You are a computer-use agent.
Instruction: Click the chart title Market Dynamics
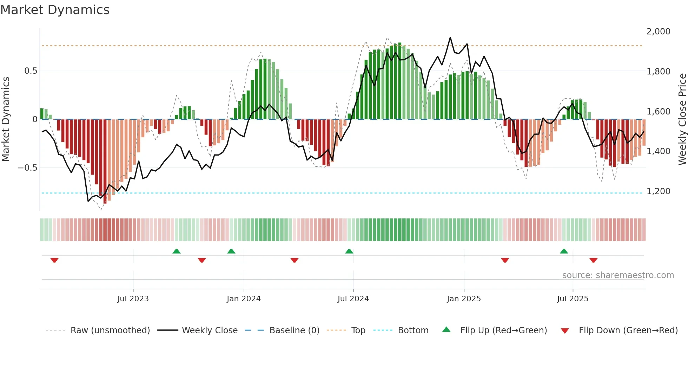coord(55,10)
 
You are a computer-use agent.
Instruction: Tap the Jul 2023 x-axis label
coord(133,299)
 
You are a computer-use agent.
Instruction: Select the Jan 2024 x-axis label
coord(244,299)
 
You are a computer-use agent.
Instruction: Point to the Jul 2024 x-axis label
coord(353,299)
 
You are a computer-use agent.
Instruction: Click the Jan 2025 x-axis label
coord(464,299)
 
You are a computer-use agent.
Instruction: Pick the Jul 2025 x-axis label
coord(573,299)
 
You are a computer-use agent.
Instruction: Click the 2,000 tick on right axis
coord(658,32)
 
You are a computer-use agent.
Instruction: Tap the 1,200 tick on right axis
coord(658,191)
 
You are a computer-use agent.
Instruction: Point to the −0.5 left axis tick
coord(27,168)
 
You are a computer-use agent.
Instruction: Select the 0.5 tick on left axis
coord(31,71)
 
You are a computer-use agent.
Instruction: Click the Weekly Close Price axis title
coord(682,119)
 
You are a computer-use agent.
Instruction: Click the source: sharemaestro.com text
coord(618,275)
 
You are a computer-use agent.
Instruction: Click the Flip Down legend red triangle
coord(565,331)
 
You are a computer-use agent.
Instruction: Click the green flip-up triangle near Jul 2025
coord(564,251)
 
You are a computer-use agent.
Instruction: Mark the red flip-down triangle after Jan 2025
coord(505,260)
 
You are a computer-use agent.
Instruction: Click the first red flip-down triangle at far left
coord(54,260)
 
